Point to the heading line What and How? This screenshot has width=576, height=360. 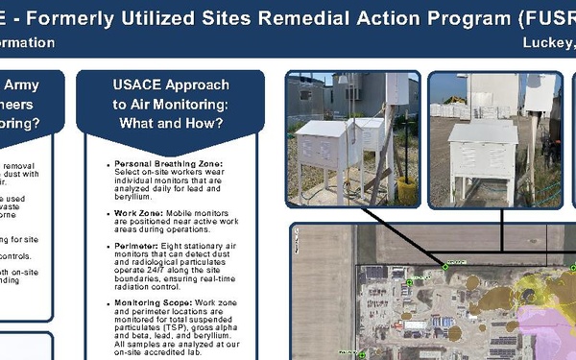(170, 122)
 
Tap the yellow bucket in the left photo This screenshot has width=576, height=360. (407, 190)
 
